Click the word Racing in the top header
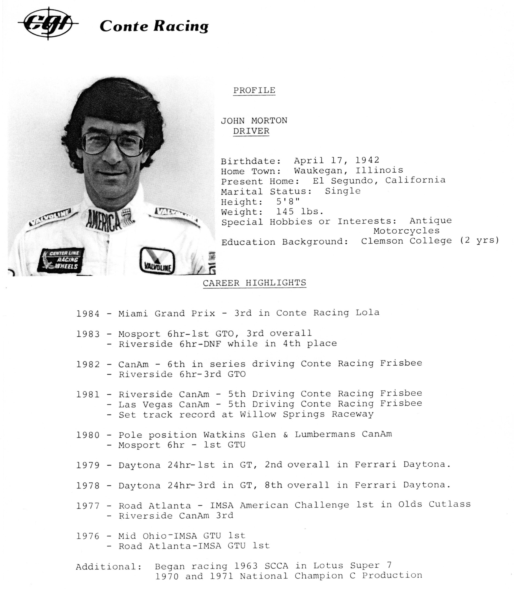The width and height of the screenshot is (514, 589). (x=181, y=26)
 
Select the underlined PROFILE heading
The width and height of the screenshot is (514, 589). (x=254, y=90)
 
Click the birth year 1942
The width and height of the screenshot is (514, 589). (x=367, y=160)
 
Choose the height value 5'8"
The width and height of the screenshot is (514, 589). (x=288, y=201)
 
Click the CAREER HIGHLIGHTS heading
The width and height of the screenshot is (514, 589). (x=254, y=283)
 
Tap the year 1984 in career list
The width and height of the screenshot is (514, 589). (x=88, y=313)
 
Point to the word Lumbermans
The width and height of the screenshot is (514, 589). (x=325, y=434)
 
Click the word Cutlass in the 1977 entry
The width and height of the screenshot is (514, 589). (x=450, y=504)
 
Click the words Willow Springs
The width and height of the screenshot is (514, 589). (x=282, y=414)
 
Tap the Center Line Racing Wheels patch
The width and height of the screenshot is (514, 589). (x=61, y=260)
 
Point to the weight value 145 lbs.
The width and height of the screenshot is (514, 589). (x=300, y=212)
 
